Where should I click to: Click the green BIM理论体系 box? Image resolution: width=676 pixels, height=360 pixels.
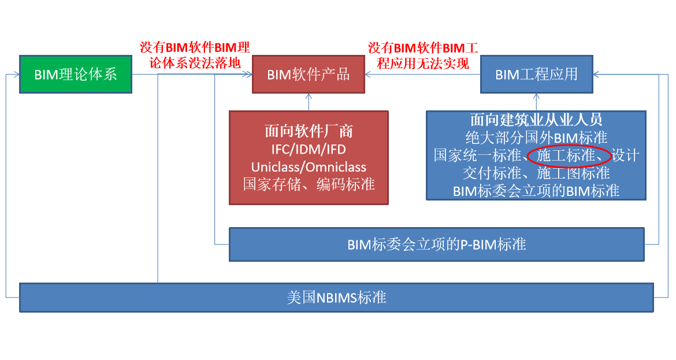pos(76,74)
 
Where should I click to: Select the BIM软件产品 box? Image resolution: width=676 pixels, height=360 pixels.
pos(309,74)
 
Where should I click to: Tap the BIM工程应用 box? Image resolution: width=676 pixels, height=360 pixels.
pos(536,74)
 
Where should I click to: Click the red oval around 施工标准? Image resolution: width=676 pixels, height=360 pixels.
pos(569,156)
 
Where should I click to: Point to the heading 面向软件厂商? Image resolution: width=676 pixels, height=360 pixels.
pos(309,131)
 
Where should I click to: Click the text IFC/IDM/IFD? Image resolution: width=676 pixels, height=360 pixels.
pos(309,150)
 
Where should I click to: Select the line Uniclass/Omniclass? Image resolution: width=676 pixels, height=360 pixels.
pos(309,167)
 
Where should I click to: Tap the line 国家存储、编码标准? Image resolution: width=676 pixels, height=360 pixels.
pos(309,184)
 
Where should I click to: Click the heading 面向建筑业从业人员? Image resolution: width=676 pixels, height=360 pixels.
pos(536,120)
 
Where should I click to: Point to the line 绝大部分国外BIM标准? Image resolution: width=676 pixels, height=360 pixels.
pos(536,138)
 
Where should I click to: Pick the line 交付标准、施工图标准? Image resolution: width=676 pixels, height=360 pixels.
pos(536,173)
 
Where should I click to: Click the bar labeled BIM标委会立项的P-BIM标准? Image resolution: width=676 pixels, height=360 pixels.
pos(436,244)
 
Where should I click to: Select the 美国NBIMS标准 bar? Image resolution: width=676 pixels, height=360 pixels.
pos(336,298)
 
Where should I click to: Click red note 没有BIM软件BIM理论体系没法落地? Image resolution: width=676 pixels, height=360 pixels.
pos(195,55)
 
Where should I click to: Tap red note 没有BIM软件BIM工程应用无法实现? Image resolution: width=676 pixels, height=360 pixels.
pos(423,55)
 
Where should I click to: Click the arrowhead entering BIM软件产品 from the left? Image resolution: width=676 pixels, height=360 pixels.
pos(248,74)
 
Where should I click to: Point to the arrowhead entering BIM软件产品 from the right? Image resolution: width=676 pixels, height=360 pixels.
pos(369,74)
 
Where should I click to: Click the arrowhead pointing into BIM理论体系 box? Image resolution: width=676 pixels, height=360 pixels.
pos(16,74)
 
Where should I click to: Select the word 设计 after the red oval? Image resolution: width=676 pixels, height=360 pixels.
pos(625,156)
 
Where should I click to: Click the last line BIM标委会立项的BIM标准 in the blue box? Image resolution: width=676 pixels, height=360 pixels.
pos(536,191)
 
